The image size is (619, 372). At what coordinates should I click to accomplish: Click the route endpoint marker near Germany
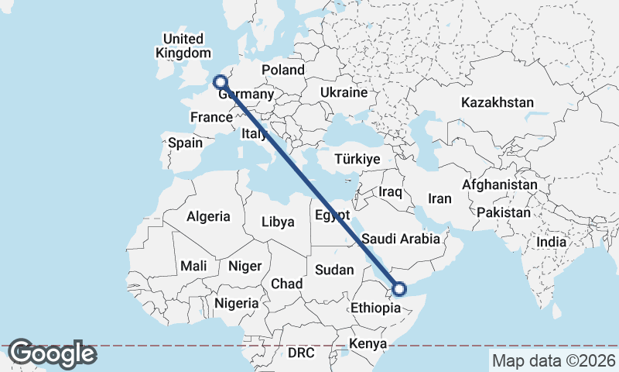pos(221,81)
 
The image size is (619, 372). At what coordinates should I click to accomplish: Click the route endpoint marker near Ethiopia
pos(399,289)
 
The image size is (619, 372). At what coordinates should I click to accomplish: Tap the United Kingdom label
pos(183,46)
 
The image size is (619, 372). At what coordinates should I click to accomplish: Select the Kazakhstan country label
pos(498,102)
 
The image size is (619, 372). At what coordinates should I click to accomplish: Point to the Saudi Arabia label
pos(401,239)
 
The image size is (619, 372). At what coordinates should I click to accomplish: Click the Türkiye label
pos(357,159)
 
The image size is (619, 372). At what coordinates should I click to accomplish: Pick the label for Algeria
pos(208,216)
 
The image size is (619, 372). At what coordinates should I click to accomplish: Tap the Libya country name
pos(278,222)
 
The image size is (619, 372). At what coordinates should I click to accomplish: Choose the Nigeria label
pos(237,303)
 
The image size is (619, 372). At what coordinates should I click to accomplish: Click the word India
pos(552,242)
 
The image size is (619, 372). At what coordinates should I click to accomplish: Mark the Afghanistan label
pos(499,185)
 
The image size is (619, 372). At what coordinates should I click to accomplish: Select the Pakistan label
pos(504,212)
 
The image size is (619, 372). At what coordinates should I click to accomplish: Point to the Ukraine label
pos(344,92)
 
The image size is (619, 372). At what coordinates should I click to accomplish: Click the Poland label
pos(283,70)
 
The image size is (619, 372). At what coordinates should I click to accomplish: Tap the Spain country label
pos(185,143)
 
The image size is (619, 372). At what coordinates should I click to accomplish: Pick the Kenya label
pos(368,343)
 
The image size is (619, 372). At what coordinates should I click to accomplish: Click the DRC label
pos(301,353)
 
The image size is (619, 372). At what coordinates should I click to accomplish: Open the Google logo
pos(52,353)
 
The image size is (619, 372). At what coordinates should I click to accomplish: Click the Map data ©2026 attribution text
pos(553,360)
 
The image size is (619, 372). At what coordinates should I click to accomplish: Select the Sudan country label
pos(334,270)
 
